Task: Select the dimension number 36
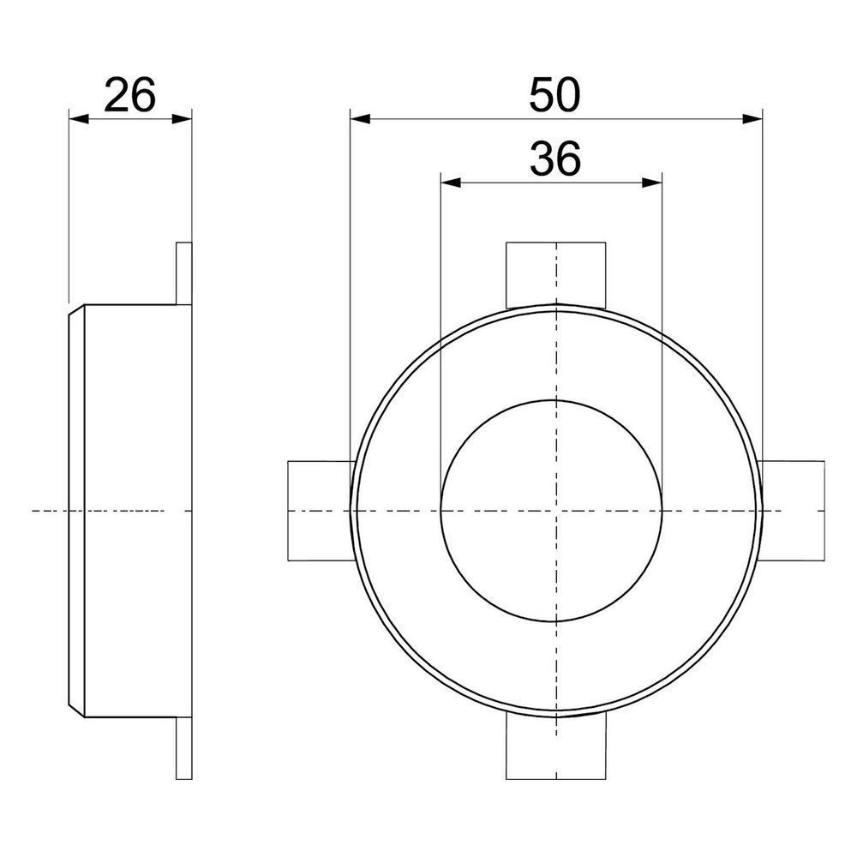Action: [554, 159]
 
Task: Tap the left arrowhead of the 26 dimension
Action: [79, 118]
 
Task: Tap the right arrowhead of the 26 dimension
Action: [182, 118]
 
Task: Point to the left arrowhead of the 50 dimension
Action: [360, 118]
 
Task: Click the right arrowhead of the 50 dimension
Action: [752, 118]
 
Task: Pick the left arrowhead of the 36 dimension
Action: [451, 183]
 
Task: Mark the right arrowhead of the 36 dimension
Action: [651, 183]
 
